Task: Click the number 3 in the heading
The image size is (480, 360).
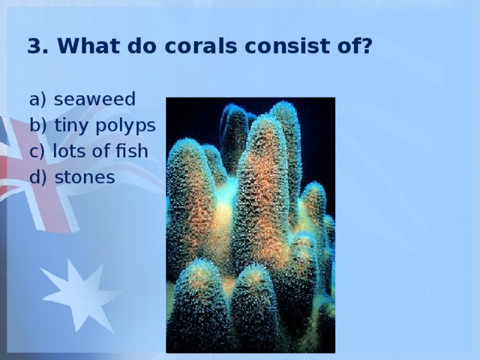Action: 35,46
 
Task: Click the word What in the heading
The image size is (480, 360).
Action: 88,46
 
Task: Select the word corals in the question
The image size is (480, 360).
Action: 201,46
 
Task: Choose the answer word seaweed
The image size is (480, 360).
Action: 94,99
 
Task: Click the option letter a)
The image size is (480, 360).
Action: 37,99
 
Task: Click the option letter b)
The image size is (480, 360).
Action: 38,125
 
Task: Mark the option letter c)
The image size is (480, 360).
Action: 37,151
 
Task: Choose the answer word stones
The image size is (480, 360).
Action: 85,177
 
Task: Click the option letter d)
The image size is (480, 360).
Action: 38,177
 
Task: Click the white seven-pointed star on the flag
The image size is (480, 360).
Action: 81,295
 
